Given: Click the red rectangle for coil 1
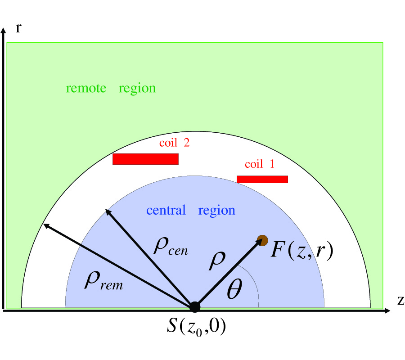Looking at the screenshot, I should (x=262, y=180).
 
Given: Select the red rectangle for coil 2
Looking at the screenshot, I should (x=145, y=159).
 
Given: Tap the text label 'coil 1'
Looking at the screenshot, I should (x=259, y=165).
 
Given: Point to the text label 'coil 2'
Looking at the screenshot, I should (x=174, y=143).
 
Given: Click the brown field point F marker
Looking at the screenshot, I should (x=262, y=240).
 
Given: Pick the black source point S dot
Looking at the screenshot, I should (x=194, y=307).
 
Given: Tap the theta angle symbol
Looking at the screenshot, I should (x=234, y=292).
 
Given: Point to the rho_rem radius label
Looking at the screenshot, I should (x=103, y=282).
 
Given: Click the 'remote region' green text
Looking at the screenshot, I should (x=111, y=88).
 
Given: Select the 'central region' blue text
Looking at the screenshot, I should (x=191, y=211).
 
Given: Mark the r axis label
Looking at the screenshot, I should (x=18, y=29).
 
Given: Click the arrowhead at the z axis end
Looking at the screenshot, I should (x=387, y=310).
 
